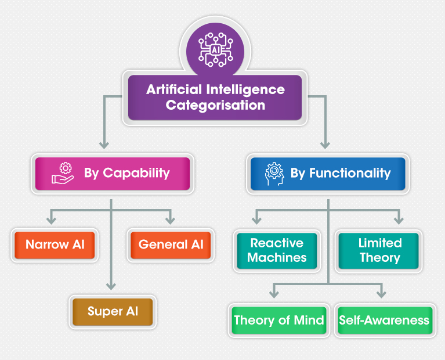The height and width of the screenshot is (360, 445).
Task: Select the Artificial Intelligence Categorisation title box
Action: (x=215, y=98)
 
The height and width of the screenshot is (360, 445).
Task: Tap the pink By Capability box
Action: (x=112, y=173)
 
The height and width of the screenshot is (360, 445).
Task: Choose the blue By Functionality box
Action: (x=328, y=173)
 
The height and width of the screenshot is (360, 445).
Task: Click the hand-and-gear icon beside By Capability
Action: (x=63, y=173)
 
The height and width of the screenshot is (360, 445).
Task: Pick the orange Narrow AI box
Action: (x=55, y=244)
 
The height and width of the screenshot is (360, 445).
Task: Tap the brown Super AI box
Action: (x=113, y=311)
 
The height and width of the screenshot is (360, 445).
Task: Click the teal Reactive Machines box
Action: (x=277, y=251)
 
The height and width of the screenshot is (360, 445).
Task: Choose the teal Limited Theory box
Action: (x=379, y=251)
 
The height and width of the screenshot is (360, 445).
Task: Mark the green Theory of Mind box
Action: (x=278, y=320)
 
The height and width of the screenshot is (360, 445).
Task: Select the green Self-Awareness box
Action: (x=384, y=320)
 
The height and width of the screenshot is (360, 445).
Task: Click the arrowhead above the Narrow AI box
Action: (x=52, y=221)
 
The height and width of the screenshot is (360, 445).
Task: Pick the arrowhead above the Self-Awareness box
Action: (x=382, y=294)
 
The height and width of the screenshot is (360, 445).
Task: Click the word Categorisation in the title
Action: (x=215, y=106)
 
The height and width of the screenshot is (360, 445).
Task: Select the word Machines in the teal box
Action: (x=277, y=258)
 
